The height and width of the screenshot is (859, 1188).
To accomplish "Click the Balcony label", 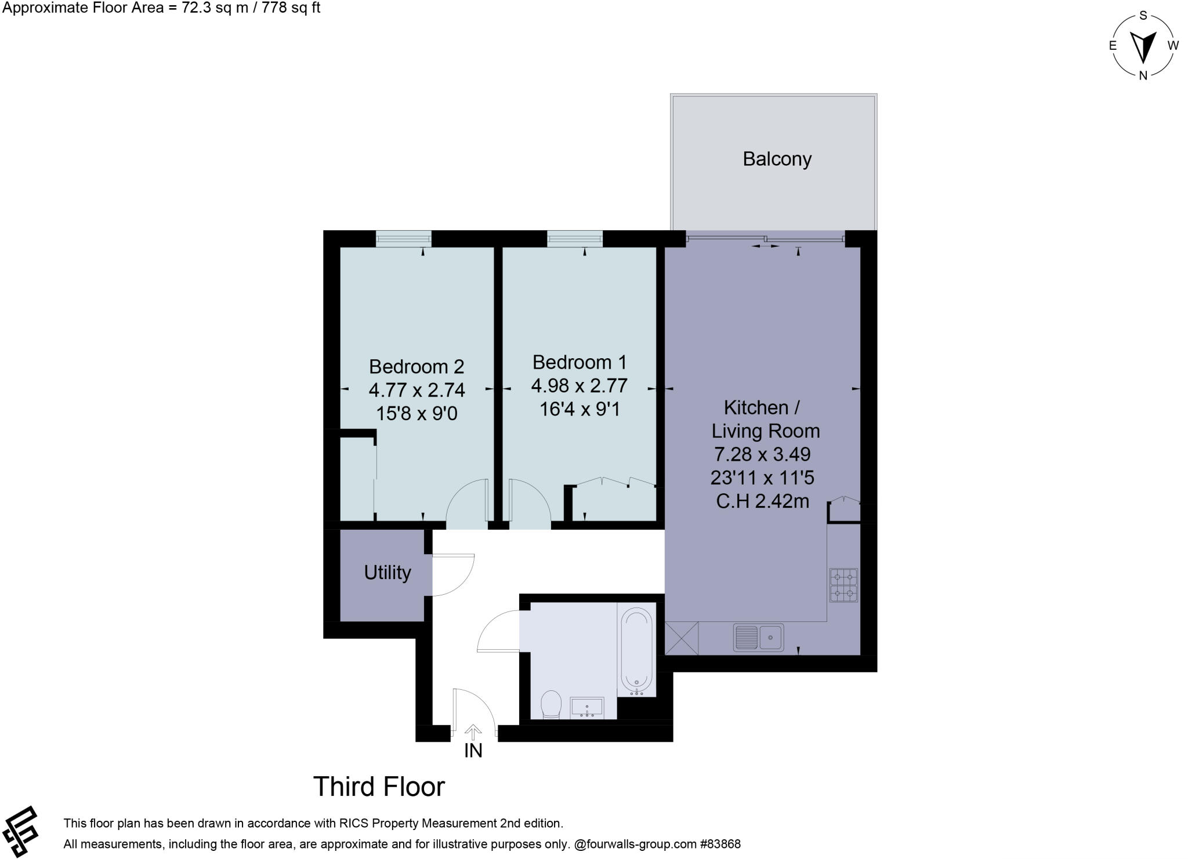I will (777, 159).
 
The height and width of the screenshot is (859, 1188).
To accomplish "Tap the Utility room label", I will (387, 573).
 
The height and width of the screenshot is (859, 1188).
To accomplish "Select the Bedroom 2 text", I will (416, 366).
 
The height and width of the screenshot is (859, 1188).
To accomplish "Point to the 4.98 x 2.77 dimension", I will (579, 385).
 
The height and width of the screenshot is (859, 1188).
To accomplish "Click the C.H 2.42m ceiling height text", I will (762, 501).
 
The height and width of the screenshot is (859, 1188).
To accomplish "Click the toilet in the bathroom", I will (550, 705).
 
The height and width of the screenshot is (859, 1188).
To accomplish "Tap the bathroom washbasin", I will (587, 708).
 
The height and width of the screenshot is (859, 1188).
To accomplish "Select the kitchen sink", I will (758, 638).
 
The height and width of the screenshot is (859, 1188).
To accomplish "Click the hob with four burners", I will (843, 585).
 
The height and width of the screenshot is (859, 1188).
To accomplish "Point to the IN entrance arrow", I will (473, 733).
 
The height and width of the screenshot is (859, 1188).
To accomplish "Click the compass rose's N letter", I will (1143, 75).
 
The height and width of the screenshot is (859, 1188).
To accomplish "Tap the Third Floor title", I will (379, 787).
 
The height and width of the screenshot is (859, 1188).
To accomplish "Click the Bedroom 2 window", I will (404, 238).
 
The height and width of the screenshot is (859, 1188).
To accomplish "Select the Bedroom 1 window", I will (575, 238).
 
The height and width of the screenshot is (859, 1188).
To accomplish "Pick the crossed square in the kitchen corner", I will (682, 638).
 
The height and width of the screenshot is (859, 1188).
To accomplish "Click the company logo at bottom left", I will (21, 832).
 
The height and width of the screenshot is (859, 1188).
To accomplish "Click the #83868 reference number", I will (720, 844).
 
